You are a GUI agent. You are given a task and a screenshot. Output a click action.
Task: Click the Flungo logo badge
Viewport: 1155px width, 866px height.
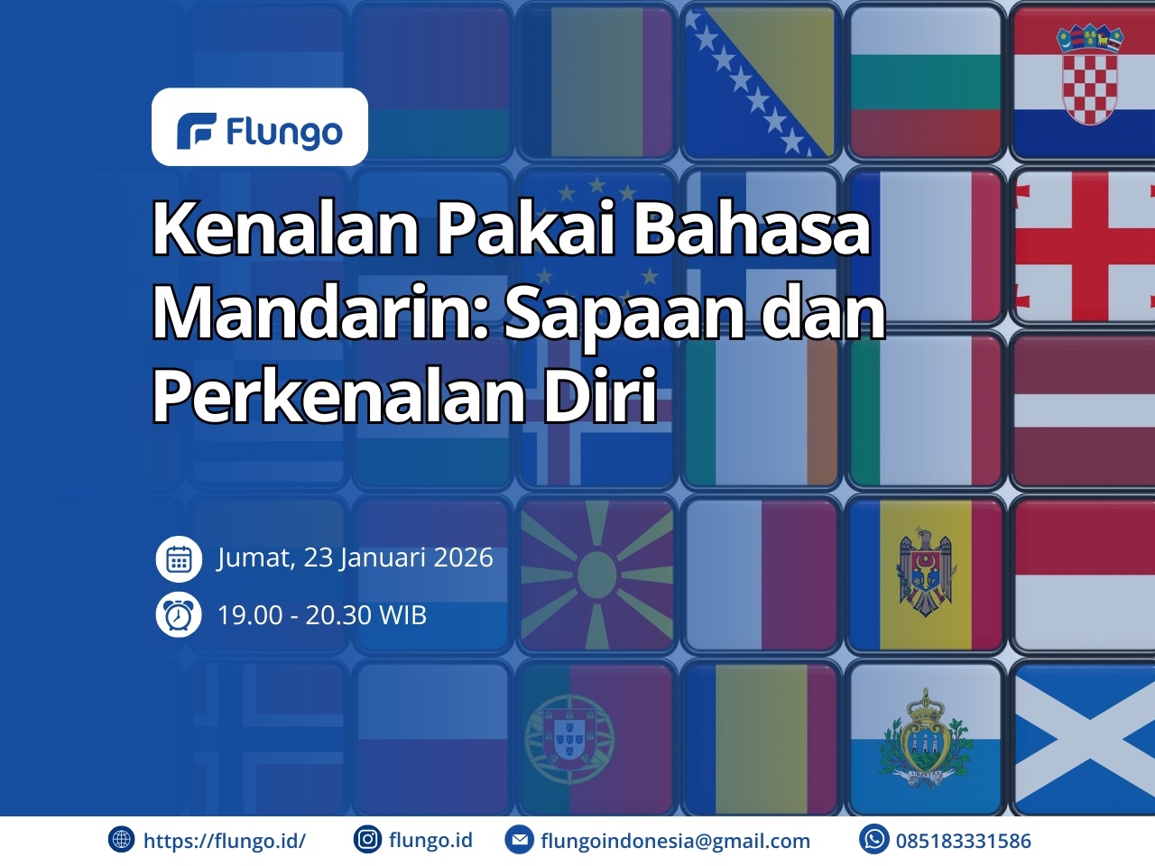coord(259,126)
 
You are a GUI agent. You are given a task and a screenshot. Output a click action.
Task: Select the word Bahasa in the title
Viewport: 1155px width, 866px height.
coord(752,229)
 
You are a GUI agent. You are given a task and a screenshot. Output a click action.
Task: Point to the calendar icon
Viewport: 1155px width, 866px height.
coord(179,558)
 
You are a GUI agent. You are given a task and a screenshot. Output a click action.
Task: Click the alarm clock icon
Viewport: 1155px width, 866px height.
coord(179,614)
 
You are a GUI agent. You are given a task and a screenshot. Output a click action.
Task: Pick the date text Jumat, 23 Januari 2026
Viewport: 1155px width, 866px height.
coord(356,557)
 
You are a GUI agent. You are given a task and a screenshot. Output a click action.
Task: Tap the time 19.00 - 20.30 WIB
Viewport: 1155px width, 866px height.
coord(322,614)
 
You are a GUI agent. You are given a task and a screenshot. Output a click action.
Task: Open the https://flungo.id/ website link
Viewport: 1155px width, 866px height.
coord(224,840)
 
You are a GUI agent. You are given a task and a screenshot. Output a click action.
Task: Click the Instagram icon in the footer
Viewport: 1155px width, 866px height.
coord(367,839)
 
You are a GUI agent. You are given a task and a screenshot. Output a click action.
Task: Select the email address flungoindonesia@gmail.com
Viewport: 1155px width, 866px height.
coord(675,841)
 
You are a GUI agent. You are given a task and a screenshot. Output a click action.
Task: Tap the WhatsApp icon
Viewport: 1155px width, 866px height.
coord(874,839)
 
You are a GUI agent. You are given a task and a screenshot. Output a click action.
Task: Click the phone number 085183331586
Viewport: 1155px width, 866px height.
coord(964,841)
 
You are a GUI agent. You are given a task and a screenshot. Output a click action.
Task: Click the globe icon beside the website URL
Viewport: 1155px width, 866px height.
coord(121,840)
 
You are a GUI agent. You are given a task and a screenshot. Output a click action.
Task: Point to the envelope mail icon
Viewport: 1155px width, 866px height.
coord(519,840)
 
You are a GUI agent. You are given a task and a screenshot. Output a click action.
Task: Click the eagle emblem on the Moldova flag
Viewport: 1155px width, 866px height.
coord(925,572)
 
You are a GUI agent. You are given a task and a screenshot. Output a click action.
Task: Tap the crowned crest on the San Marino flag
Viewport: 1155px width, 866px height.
coord(926,736)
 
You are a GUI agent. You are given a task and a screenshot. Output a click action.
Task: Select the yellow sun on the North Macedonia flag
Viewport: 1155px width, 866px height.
coord(596,576)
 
